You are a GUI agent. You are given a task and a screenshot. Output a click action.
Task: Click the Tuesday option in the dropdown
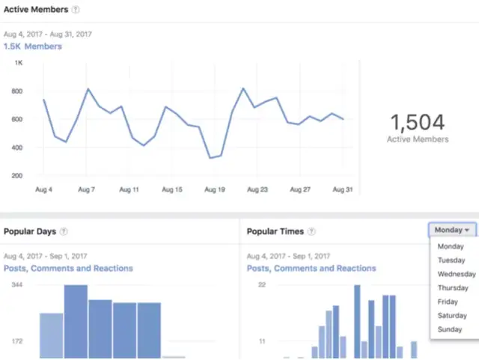point(451,260)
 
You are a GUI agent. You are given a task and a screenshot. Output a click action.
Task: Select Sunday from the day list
point(450,329)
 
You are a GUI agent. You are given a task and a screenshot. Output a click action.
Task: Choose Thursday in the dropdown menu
point(453,288)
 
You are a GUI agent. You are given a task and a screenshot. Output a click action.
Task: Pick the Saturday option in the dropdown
point(452,316)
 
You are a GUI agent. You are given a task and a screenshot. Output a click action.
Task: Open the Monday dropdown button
point(453,231)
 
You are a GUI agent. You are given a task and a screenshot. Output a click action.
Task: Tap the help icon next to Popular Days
point(64,232)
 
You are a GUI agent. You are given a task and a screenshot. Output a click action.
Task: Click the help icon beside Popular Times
point(311,232)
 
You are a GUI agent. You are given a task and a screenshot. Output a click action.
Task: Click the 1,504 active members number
point(418,122)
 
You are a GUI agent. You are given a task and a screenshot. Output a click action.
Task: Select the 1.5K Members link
point(33,46)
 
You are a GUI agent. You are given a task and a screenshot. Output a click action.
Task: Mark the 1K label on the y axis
point(19,63)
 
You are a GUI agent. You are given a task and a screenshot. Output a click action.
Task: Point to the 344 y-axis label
point(17,286)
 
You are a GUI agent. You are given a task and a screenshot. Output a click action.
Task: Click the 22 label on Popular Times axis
point(262,286)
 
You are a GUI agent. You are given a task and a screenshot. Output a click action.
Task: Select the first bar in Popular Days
point(52,335)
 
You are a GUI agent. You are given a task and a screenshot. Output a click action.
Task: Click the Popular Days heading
point(29,232)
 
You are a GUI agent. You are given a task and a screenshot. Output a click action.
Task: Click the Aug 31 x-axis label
point(342,190)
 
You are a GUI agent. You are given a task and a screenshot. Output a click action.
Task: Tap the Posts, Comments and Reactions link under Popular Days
point(68,268)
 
